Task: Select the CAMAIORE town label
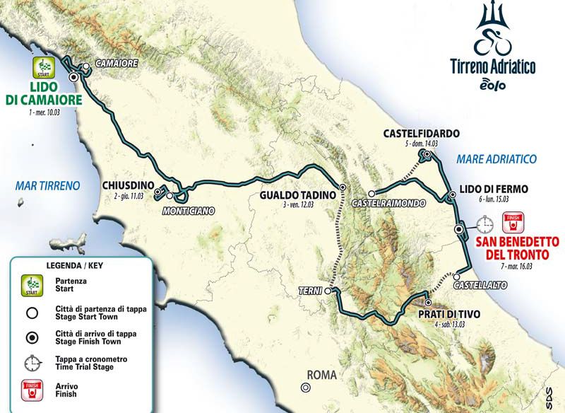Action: click(x=115, y=64)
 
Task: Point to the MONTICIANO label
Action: click(x=187, y=211)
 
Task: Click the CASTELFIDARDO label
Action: click(x=422, y=133)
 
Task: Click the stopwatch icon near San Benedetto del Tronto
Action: click(x=484, y=225)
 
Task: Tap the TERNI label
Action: click(x=311, y=291)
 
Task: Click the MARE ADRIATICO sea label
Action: click(x=496, y=158)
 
